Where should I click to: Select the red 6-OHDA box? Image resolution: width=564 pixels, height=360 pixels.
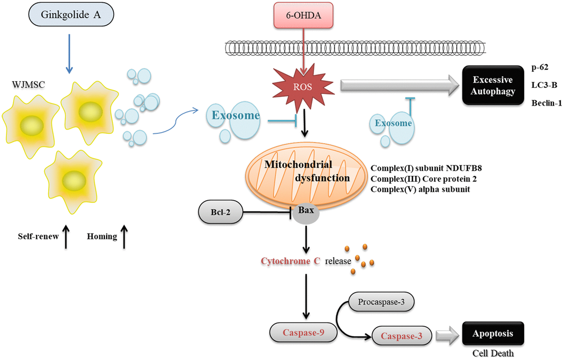(x=305, y=15)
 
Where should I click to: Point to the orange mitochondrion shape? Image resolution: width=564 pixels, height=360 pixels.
(x=305, y=171)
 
